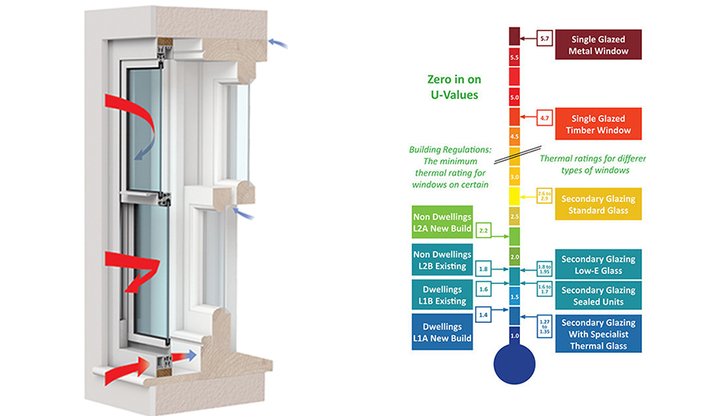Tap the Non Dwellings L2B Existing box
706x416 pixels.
[441, 261]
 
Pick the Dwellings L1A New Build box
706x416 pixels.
[441, 332]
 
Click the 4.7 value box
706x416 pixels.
[545, 118]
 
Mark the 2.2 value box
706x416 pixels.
[484, 229]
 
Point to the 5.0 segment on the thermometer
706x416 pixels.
[514, 97]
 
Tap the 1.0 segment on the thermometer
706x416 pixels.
[514, 334]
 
